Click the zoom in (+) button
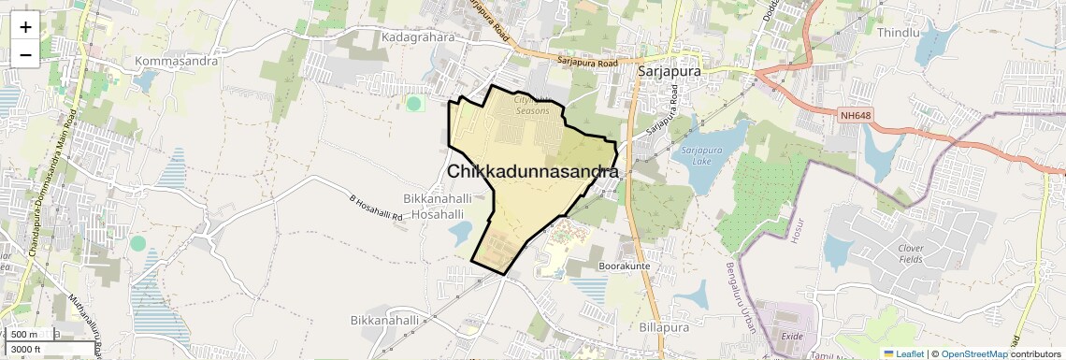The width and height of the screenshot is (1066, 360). (25, 26)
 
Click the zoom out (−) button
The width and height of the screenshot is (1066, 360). (25, 54)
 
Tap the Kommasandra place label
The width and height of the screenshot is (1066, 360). (176, 61)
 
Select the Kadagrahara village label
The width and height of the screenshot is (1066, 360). (417, 37)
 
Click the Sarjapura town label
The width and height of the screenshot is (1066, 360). (670, 70)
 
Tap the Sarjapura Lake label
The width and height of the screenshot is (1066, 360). (702, 154)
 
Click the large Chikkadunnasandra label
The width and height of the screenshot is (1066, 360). (532, 172)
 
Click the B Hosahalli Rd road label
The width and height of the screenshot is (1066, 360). (375, 209)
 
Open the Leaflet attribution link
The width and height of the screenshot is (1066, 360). (903, 353)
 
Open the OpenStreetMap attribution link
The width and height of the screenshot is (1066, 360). (974, 353)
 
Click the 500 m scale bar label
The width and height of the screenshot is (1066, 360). (24, 335)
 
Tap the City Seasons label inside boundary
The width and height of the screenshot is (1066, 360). (534, 105)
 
